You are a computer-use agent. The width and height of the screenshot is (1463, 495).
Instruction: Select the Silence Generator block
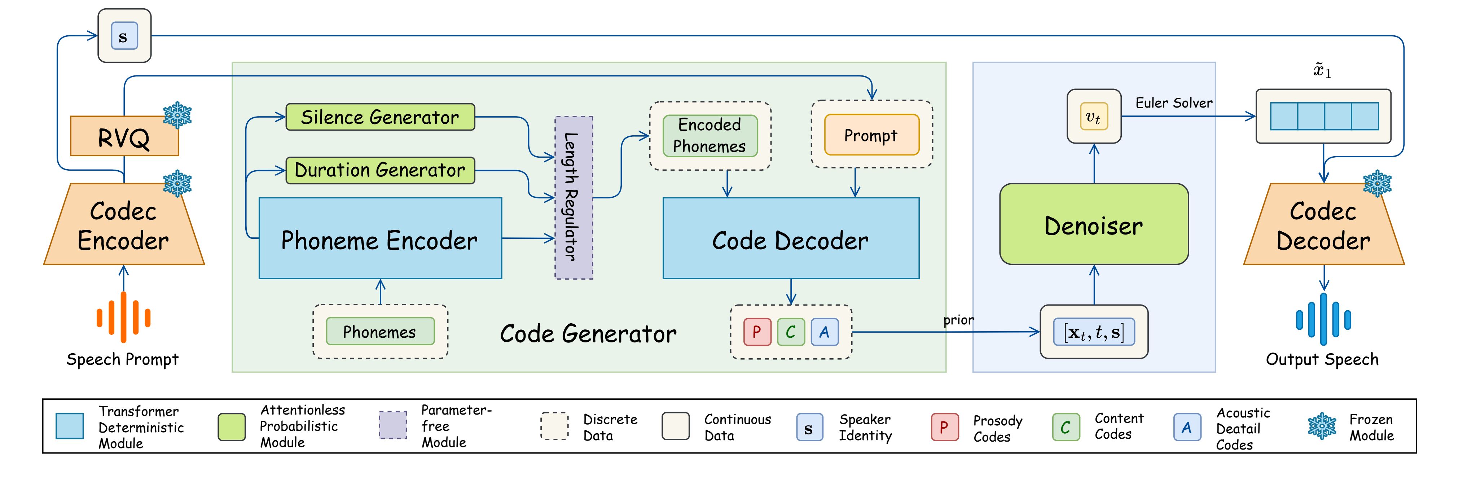[380, 117]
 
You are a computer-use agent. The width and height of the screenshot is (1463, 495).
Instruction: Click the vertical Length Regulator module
[574, 198]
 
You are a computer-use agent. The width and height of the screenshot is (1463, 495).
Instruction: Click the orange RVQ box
[124, 136]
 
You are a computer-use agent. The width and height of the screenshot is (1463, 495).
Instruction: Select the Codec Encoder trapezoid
[124, 225]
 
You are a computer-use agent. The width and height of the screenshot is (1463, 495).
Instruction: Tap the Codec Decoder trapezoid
[1323, 225]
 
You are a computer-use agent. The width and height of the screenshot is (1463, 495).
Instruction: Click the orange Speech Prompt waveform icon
[123, 317]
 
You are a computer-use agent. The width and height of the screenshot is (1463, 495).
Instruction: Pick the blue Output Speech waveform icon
[1323, 319]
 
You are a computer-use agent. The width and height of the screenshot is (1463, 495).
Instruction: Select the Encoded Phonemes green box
[710, 136]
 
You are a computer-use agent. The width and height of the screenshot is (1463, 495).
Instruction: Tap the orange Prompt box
[871, 135]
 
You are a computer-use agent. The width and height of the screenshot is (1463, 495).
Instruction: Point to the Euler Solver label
[1173, 103]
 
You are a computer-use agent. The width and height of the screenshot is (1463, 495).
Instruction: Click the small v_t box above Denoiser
[1093, 117]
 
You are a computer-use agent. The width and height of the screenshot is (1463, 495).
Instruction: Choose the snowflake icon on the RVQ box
[177, 115]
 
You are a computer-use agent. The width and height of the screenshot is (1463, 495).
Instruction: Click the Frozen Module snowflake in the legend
[1322, 426]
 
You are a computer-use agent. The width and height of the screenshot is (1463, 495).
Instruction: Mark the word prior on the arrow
[958, 320]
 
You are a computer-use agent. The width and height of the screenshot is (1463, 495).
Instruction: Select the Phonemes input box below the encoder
[380, 331]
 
